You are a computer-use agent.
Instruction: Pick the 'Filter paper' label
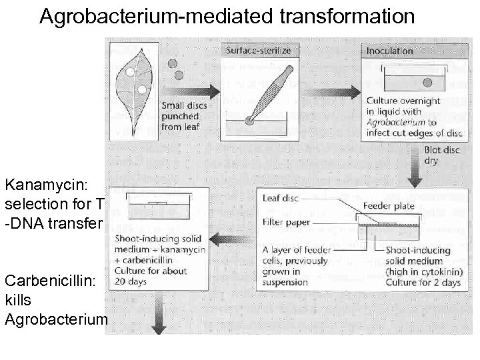point(284,221)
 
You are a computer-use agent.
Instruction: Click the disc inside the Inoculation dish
point(427,82)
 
